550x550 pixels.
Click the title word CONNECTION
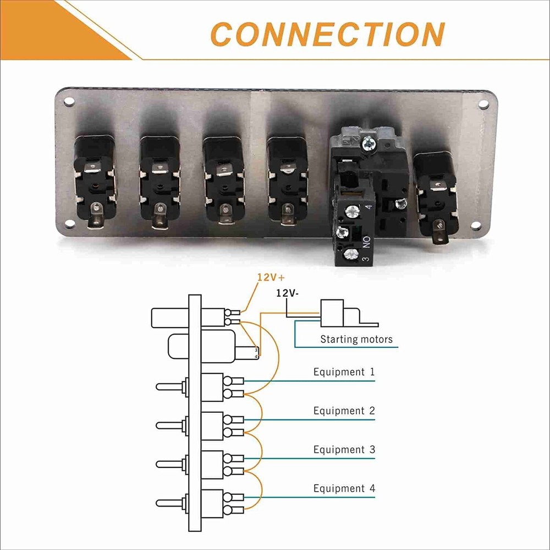click(328, 34)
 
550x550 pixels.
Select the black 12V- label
click(288, 293)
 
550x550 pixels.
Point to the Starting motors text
click(356, 339)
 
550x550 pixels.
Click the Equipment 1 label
click(339, 372)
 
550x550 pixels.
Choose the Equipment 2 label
click(339, 411)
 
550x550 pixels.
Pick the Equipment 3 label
click(339, 450)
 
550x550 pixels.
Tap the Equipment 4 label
click(339, 488)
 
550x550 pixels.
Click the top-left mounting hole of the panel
click(69, 102)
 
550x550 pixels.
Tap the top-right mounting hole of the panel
click(483, 104)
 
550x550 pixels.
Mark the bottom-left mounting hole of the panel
click(69, 224)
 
